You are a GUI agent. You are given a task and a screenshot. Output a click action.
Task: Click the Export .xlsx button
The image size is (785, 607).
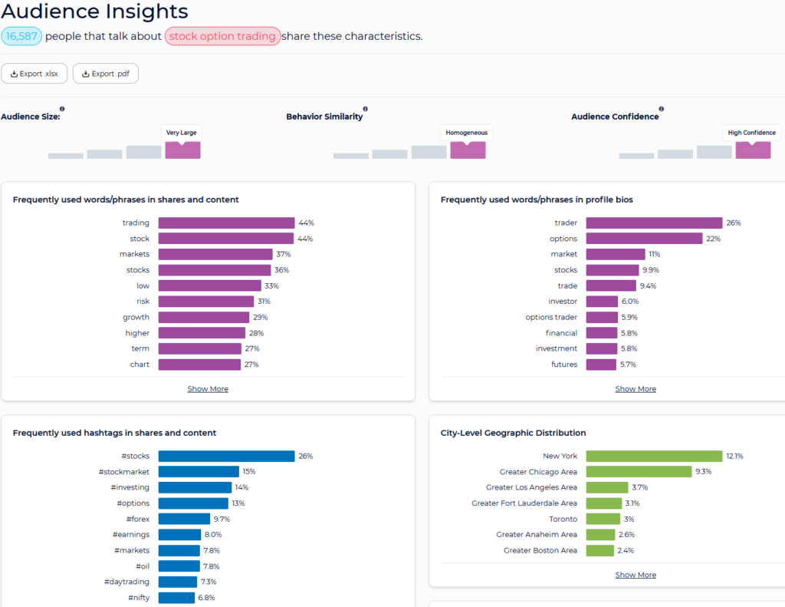tap(34, 74)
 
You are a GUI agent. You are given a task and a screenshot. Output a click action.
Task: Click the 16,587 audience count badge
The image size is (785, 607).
tap(21, 36)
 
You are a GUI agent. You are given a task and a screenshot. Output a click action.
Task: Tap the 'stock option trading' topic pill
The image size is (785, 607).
tap(222, 36)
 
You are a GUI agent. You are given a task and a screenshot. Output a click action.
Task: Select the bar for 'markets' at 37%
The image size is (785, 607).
tap(215, 254)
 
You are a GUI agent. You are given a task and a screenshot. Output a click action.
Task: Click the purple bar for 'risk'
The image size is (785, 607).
tap(205, 302)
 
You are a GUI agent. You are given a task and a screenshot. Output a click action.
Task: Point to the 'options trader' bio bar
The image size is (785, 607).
tap(602, 317)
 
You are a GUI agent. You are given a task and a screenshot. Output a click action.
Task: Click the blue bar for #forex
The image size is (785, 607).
tap(184, 519)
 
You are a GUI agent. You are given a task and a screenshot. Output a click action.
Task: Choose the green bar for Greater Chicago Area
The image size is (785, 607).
tap(639, 472)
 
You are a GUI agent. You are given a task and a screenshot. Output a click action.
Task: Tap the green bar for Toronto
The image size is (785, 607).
tap(603, 519)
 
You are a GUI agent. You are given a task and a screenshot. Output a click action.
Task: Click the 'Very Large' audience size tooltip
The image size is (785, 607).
tap(181, 133)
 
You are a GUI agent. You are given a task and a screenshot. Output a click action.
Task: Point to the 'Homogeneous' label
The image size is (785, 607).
tap(467, 133)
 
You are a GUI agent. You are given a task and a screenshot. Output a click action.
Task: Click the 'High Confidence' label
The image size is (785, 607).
tap(751, 133)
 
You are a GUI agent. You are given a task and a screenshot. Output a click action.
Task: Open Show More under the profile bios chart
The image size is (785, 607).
tap(636, 389)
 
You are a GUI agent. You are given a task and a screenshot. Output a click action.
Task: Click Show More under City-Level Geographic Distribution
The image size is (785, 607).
tap(636, 575)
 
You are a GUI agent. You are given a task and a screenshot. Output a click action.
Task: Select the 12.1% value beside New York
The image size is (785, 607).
tap(734, 456)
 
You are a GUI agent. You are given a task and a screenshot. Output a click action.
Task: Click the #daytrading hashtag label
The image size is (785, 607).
tap(126, 582)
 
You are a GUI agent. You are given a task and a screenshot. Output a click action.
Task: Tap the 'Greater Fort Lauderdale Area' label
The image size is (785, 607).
tap(524, 503)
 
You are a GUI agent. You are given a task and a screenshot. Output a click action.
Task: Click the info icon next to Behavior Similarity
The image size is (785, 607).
tap(366, 109)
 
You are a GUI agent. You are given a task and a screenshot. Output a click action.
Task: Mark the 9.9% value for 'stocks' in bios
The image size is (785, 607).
tap(651, 270)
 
